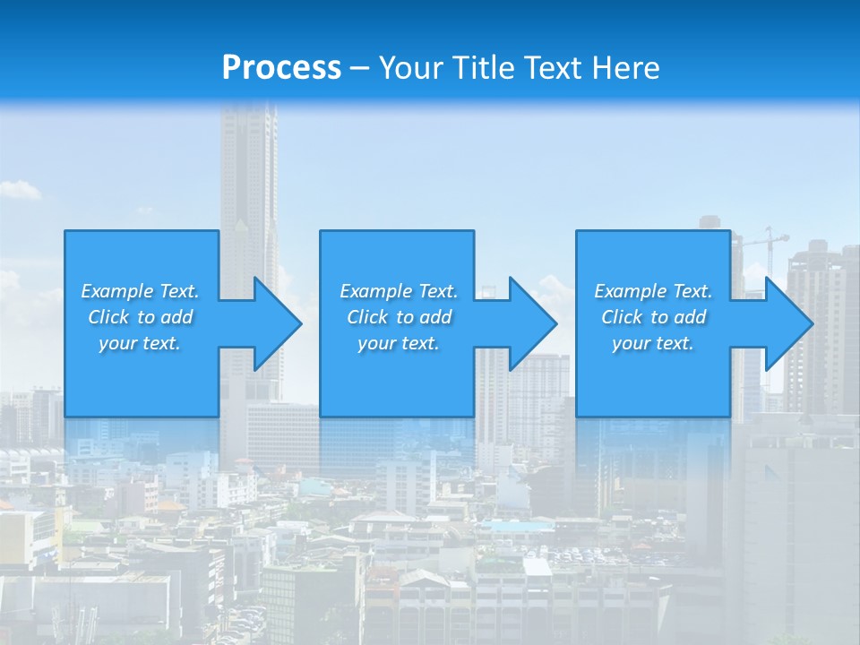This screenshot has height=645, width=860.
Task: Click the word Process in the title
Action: pos(281,68)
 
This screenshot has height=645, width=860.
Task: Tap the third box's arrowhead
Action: pos(788,323)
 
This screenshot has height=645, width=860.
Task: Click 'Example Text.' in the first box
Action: pos(140,291)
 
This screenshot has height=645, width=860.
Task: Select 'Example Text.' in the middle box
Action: pos(399,291)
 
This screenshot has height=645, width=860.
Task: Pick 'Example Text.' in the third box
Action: pos(653,291)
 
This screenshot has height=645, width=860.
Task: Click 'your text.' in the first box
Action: pos(140,343)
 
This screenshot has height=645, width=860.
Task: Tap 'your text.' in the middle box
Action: pos(399,343)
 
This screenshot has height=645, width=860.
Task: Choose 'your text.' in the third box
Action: pos(653,343)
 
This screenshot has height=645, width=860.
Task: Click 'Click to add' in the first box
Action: pos(140,317)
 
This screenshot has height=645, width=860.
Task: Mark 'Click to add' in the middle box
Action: pos(399,317)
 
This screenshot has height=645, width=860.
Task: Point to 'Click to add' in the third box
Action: pos(653,317)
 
